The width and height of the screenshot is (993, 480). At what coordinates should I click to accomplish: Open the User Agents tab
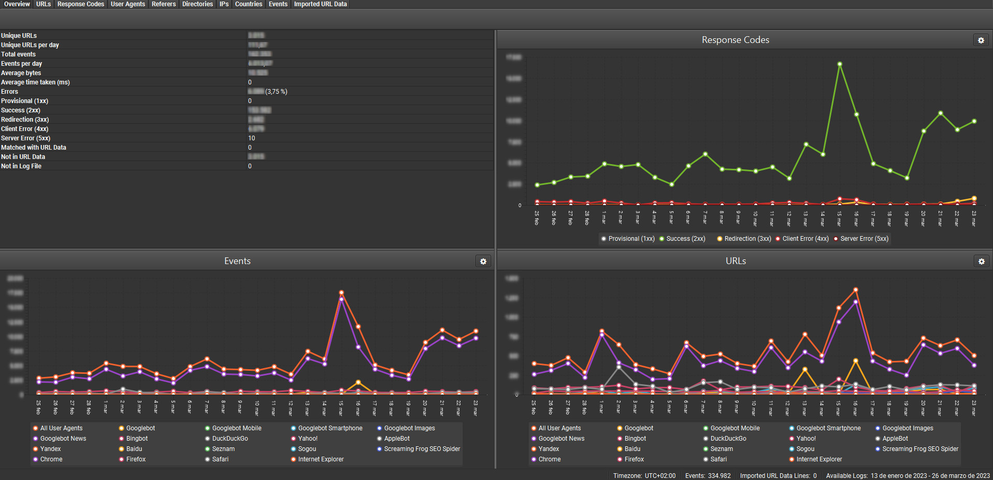(127, 4)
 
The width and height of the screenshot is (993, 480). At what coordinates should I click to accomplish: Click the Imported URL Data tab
(320, 4)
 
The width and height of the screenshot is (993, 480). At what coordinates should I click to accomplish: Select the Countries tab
(248, 4)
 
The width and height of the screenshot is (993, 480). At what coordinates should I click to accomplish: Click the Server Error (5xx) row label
(26, 138)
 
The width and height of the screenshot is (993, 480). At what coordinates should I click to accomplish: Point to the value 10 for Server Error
(252, 138)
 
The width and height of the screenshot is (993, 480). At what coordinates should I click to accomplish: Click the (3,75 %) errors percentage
(276, 92)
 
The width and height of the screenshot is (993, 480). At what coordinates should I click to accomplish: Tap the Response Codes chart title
(735, 40)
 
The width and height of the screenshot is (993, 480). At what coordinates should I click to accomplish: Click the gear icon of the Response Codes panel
(981, 40)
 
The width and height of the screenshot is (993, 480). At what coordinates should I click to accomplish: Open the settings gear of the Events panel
(483, 261)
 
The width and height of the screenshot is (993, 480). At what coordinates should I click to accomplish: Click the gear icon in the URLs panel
(981, 261)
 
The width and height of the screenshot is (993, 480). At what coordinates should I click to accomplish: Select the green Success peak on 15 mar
(839, 64)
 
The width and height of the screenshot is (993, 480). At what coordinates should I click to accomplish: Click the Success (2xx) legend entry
(685, 239)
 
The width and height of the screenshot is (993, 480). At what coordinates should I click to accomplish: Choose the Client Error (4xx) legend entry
(805, 239)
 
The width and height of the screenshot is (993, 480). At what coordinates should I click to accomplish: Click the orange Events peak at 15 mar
(341, 293)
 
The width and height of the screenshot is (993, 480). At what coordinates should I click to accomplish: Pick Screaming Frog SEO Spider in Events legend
(422, 449)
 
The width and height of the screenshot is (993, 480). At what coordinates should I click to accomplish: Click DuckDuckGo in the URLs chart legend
(728, 439)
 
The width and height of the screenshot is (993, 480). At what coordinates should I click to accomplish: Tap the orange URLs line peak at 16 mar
(855, 290)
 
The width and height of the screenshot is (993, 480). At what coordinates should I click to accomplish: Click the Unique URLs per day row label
(30, 45)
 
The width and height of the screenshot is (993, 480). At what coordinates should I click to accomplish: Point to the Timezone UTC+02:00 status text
(644, 475)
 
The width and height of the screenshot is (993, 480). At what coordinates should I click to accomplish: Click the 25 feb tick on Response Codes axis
(537, 217)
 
